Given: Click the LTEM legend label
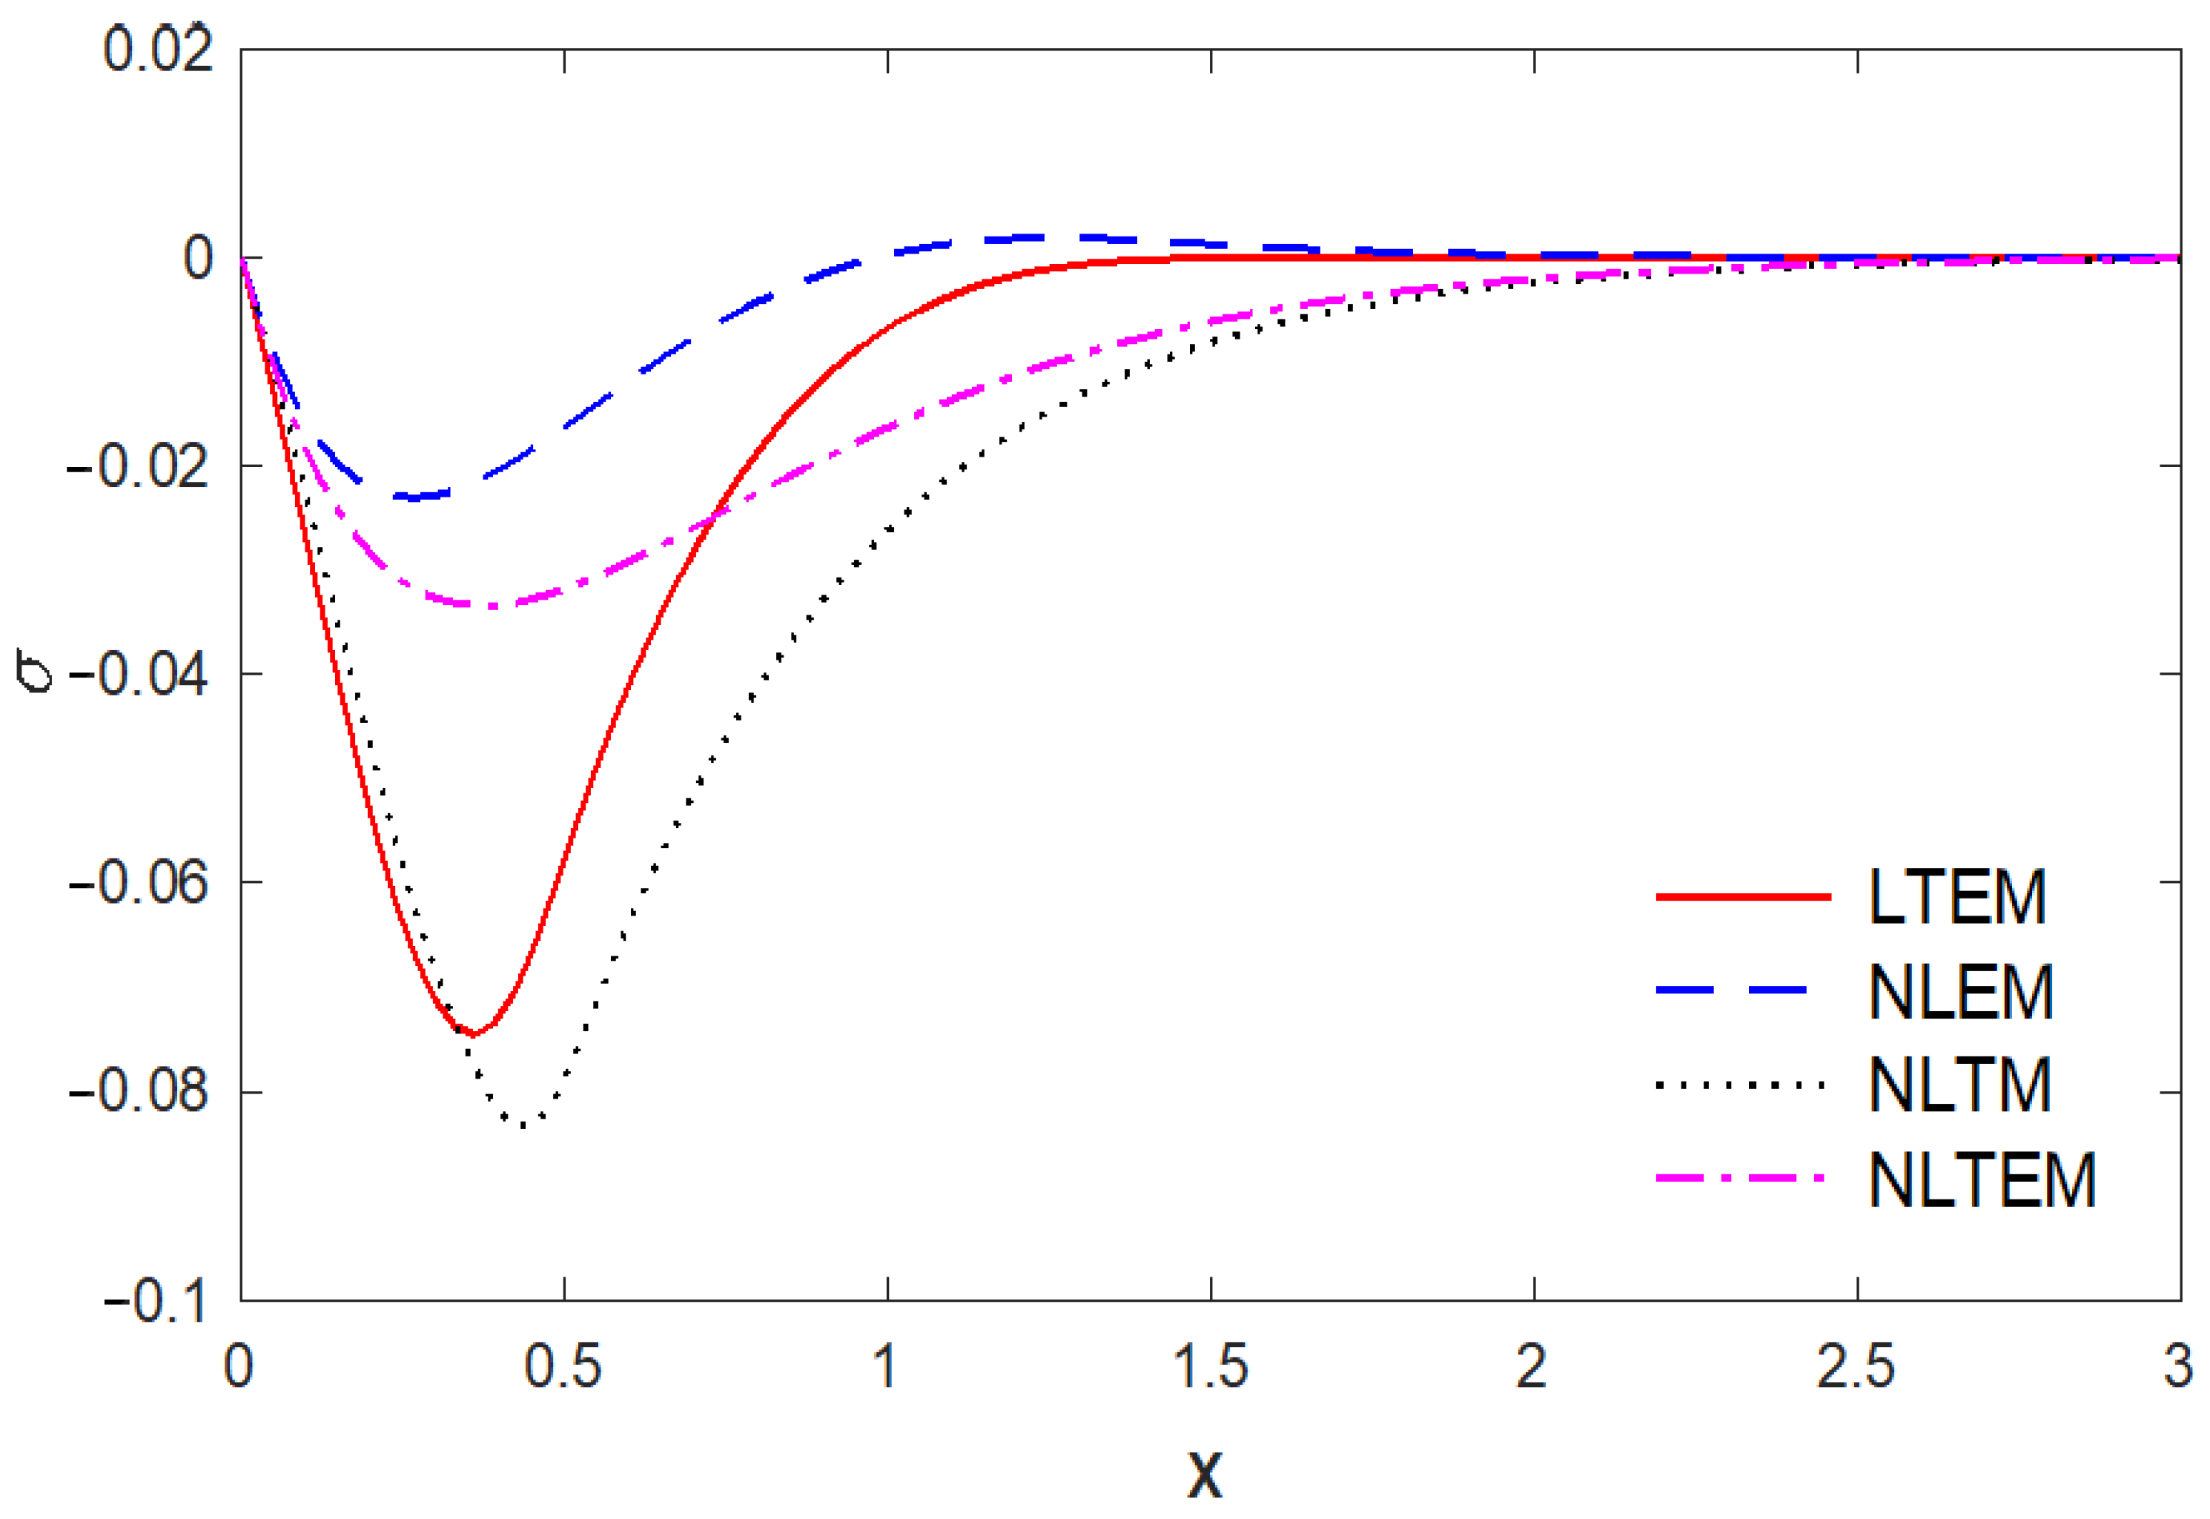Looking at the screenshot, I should click(1957, 898).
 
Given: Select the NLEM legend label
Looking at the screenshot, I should click(1961, 992).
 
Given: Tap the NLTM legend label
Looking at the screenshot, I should click(1959, 1085).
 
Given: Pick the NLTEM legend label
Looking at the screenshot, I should click(1982, 1180).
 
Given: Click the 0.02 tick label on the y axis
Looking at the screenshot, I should click(157, 50).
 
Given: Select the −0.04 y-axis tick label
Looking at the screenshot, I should click(138, 675).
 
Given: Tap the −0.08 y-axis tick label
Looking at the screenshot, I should click(138, 1091).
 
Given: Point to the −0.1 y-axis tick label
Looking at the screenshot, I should click(154, 1300).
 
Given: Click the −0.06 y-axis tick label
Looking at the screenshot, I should click(138, 883).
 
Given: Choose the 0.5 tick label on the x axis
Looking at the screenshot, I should click(563, 1368).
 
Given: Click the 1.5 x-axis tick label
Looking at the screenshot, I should click(1210, 1368).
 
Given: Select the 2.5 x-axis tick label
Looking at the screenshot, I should click(1856, 1368).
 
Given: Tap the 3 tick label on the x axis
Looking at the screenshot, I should click(2177, 1368).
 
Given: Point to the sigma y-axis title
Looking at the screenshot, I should click(36, 671).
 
